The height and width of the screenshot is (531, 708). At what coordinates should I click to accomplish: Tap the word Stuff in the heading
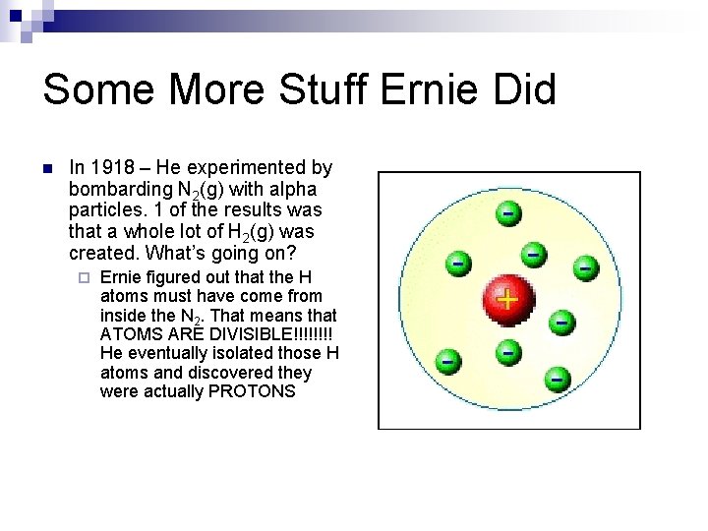[x=324, y=89]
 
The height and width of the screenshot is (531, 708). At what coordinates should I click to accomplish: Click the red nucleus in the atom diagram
[x=506, y=299]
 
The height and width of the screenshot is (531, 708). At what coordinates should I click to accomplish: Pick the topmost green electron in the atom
[x=506, y=212]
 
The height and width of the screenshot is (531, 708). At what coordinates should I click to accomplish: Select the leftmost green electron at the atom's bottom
[x=447, y=360]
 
